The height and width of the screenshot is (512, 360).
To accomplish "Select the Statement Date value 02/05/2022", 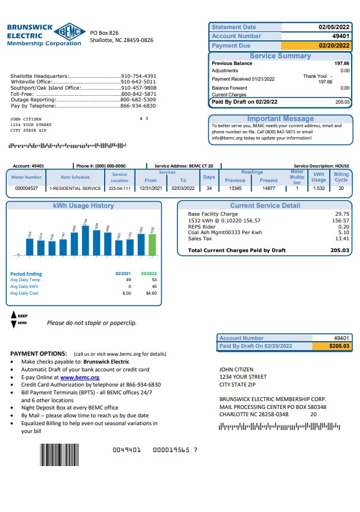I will pos(334,27).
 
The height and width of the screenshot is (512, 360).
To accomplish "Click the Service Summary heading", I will pos(280,56).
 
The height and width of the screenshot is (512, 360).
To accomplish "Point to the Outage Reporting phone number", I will pos(138,100).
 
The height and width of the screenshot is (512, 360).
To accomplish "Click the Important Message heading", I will pos(280,119).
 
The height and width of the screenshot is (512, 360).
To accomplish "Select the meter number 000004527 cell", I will pos(26,188).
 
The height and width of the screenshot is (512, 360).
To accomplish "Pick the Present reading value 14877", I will pos(269,188).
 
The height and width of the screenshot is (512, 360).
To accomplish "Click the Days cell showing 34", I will pos(209,188).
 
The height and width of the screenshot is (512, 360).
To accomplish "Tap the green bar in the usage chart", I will pos(152,244).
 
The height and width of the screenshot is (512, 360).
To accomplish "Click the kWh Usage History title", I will pos(83,206).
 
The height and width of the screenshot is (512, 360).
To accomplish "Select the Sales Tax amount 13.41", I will pos(342,239).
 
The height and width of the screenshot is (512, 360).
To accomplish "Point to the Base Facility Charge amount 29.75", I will pos(342,214).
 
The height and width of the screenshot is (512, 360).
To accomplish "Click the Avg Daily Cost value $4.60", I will pos(151,293).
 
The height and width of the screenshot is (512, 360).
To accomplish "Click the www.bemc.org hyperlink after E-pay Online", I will pos(75,378).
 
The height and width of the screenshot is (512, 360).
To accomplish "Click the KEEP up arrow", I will pos(14,315).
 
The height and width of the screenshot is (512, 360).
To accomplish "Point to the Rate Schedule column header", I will pos(75,177).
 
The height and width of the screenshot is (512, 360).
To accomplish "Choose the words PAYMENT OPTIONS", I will pos(38,354).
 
